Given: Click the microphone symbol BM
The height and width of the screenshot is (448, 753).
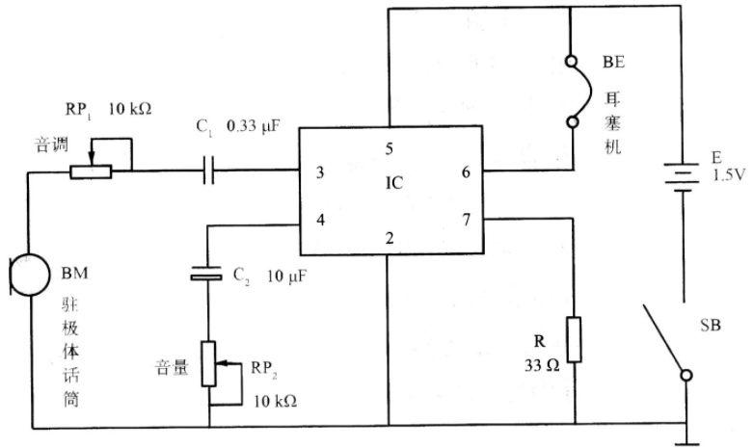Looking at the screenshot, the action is pyautogui.click(x=30, y=275).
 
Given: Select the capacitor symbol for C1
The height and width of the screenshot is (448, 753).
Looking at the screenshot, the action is pyautogui.click(x=209, y=170).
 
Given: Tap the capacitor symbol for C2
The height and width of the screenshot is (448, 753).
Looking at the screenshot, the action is pyautogui.click(x=206, y=273).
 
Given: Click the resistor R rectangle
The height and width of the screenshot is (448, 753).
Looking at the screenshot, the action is pyautogui.click(x=574, y=339).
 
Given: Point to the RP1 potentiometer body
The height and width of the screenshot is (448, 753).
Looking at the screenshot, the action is pyautogui.click(x=91, y=171).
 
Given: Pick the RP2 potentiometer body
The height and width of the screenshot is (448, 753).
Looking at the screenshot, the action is pyautogui.click(x=209, y=363).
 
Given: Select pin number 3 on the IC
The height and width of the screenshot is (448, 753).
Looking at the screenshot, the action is pyautogui.click(x=320, y=172).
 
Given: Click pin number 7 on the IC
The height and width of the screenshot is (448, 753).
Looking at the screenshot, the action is pyautogui.click(x=467, y=220).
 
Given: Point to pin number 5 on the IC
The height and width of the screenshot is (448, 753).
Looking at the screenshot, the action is pyautogui.click(x=389, y=148).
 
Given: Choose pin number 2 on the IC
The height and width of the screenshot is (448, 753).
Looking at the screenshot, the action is pyautogui.click(x=390, y=238).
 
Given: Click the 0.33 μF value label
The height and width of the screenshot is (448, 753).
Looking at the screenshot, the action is pyautogui.click(x=253, y=126).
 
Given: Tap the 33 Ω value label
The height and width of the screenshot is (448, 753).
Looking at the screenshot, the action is pyautogui.click(x=542, y=365).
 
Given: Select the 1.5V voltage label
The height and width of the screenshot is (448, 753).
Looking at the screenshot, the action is pyautogui.click(x=729, y=175).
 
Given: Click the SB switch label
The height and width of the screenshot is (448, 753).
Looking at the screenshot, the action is pyautogui.click(x=711, y=326).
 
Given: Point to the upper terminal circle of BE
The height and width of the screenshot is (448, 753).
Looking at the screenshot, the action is pyautogui.click(x=572, y=62).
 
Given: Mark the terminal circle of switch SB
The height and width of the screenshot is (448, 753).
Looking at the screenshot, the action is pyautogui.click(x=686, y=375).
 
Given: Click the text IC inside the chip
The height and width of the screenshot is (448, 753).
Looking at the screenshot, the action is pyautogui.click(x=393, y=183).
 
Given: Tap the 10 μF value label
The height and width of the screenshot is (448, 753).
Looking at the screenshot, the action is pyautogui.click(x=286, y=277).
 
